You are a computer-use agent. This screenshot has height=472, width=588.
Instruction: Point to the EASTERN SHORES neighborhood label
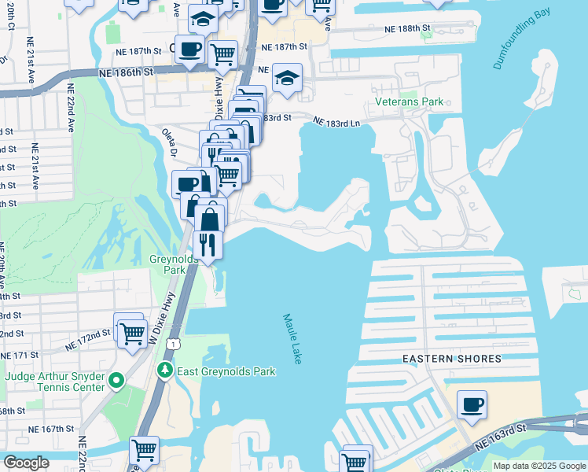pyautogui.click(x=451, y=359)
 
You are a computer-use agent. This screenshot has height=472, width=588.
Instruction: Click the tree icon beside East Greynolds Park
pyautogui.click(x=164, y=371)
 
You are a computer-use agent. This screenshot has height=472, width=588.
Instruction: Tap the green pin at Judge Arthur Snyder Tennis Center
pyautogui.click(x=117, y=382)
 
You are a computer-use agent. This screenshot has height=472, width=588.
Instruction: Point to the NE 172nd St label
pyautogui.click(x=88, y=340)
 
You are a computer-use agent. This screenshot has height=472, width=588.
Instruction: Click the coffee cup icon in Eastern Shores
pyautogui.click(x=472, y=405)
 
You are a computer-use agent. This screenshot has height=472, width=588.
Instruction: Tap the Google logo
pyautogui.click(x=26, y=463)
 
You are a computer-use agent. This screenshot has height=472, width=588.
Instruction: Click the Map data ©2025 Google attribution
pyautogui.click(x=539, y=466)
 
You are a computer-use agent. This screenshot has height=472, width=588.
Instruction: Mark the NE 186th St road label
pyautogui.click(x=126, y=72)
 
